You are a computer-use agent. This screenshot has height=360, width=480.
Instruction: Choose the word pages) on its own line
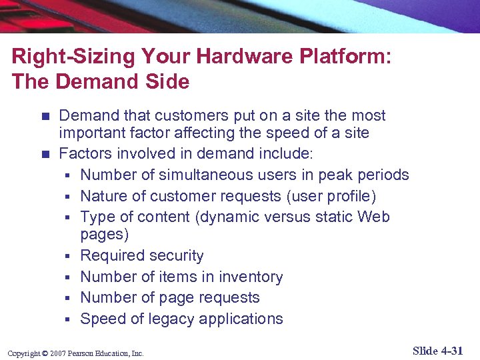click(x=105, y=235)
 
